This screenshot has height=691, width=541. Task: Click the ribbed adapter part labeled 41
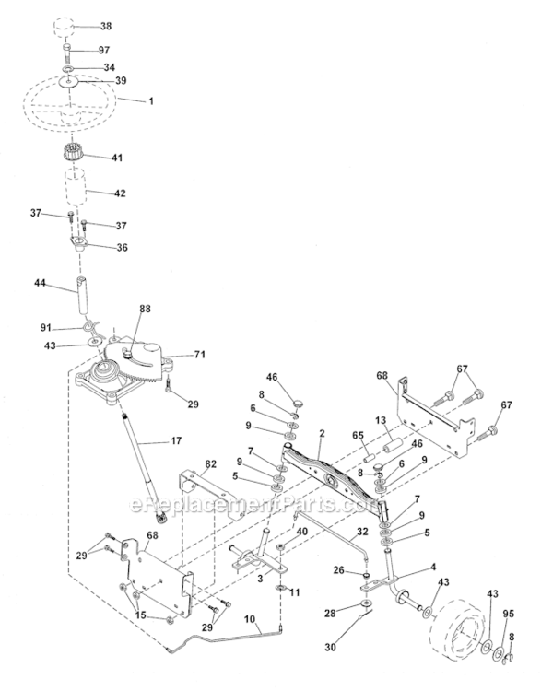pyautogui.click(x=76, y=155)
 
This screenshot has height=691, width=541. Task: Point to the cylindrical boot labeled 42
pyautogui.click(x=76, y=192)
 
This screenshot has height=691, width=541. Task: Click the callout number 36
pyautogui.click(x=120, y=247)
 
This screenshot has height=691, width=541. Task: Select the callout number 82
pyautogui.click(x=210, y=463)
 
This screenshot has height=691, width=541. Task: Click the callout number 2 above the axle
pyautogui.click(x=322, y=430)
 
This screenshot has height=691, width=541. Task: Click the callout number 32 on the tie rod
pyautogui.click(x=362, y=532)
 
